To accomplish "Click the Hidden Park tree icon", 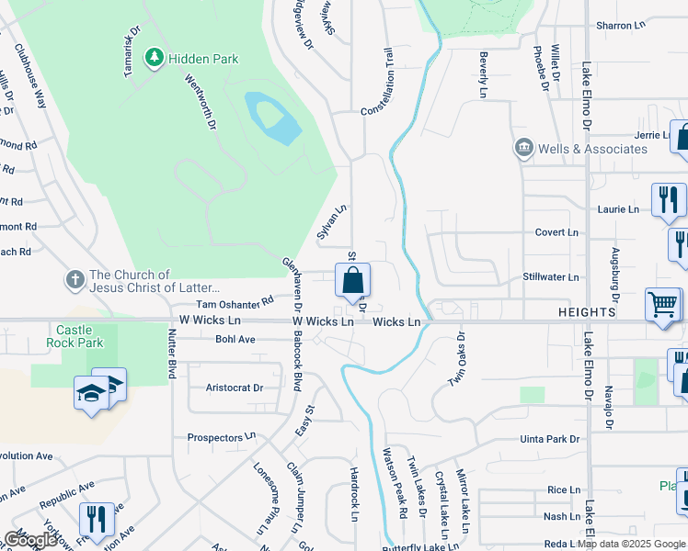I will tap(155, 59).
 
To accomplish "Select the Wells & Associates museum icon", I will tap(524, 149).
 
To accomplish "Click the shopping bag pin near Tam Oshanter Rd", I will tap(352, 280).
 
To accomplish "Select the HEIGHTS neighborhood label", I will tap(585, 313).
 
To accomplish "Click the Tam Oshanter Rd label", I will tap(235, 301).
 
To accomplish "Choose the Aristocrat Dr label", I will tap(235, 388).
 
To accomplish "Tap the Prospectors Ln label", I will tap(222, 438).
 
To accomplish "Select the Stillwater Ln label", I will tap(551, 276).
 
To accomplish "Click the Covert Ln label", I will tap(556, 233).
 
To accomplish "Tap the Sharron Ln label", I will tap(622, 26).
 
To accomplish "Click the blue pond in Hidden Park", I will tap(273, 117).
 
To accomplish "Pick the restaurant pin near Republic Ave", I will tap(96, 518).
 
